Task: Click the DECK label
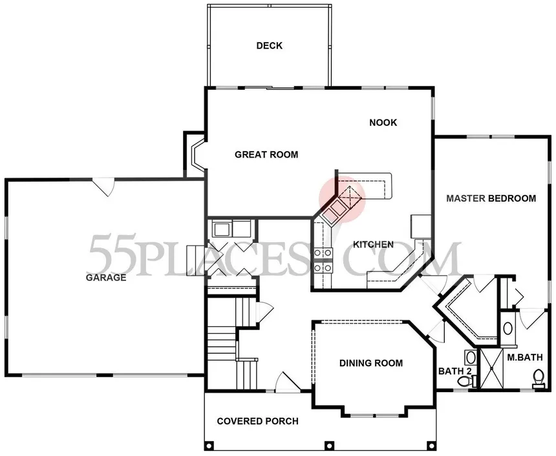pos(269,46)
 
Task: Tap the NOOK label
pos(383,123)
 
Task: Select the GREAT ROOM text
pos(266,154)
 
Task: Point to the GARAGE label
pos(105,278)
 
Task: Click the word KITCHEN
pos(373,245)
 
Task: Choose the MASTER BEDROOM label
pos(491,198)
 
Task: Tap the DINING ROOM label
pos(371,363)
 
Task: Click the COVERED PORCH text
pos(257,421)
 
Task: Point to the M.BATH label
pos(525,357)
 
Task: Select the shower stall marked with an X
pos(491,369)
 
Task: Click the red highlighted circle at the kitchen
pos(342,200)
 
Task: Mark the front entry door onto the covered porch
pos(287,382)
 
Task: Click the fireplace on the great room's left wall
pos(195,154)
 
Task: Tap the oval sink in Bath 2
pos(471,357)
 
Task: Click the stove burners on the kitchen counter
pos(323,260)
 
